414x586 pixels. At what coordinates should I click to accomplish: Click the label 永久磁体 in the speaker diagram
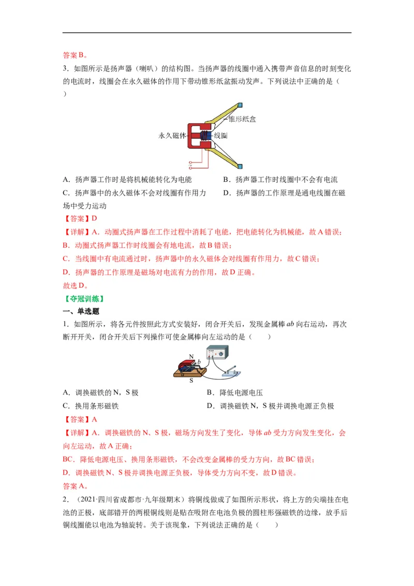[x=172, y=135]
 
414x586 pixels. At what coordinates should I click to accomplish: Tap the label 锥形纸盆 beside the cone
[x=242, y=119]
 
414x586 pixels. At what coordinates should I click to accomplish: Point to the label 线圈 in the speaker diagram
[x=221, y=135]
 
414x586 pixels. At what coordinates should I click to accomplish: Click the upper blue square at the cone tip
[x=240, y=105]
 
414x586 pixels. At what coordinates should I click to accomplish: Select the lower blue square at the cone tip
[x=240, y=166]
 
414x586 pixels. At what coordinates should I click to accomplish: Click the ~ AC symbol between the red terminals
[x=191, y=165]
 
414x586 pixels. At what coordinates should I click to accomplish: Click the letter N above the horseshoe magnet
[x=191, y=357]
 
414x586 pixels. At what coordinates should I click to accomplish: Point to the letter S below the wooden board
[x=191, y=380]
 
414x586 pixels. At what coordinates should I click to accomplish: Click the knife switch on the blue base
[x=230, y=371]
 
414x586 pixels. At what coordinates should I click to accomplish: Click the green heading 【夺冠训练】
[x=84, y=299]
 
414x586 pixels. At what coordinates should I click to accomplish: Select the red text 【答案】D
[x=80, y=219]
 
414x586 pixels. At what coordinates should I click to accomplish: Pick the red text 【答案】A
[x=80, y=419]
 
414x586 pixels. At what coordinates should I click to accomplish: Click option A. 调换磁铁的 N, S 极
[x=101, y=393]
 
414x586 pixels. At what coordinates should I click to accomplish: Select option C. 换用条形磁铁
[x=91, y=406]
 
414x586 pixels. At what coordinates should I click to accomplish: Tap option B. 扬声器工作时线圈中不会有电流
[x=280, y=180]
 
